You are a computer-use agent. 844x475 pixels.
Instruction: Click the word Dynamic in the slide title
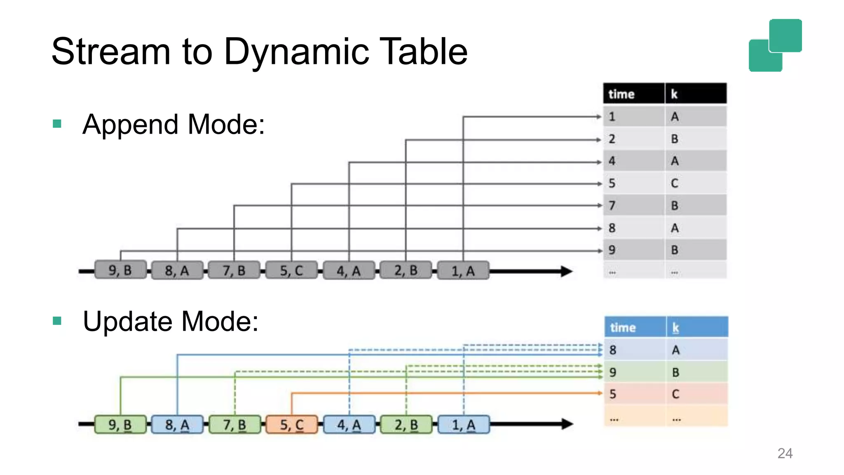pos(296,52)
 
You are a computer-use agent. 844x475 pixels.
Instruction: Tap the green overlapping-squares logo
pos(775,45)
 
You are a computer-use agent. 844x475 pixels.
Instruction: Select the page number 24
pos(785,454)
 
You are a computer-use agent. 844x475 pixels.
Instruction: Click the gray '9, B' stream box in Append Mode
pos(120,270)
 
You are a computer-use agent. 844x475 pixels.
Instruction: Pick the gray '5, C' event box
pos(291,270)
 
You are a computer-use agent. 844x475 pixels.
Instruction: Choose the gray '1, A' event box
pos(463,271)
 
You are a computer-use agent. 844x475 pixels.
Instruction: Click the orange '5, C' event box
pos(292,425)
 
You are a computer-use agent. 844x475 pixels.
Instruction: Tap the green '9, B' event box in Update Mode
pos(120,425)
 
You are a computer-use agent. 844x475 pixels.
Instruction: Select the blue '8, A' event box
pos(177,425)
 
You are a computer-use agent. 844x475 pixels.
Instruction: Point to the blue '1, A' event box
pos(464,425)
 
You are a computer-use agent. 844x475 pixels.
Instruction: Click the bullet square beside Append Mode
pos(57,124)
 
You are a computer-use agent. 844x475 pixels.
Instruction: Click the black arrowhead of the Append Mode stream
pos(566,271)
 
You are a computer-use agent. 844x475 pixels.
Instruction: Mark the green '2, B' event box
pos(406,425)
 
